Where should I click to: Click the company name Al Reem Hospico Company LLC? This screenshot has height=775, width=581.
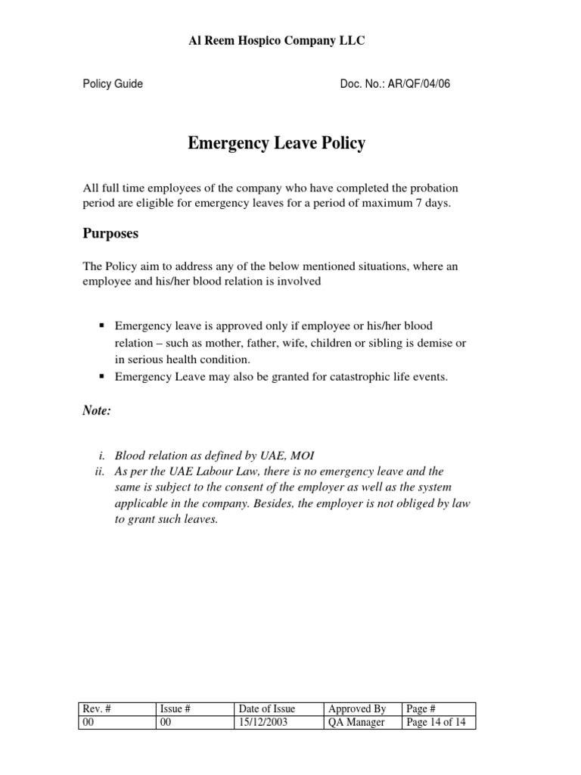point(276,41)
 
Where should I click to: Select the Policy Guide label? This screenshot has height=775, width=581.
point(113,84)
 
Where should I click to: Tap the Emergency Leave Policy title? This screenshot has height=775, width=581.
point(276,144)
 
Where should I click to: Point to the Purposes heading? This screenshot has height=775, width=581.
point(110,234)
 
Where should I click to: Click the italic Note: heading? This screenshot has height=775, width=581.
point(97,410)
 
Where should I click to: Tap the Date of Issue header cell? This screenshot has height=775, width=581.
point(266,709)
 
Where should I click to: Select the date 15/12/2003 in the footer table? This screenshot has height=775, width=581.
point(262,722)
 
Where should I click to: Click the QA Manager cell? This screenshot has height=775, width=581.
point(356,722)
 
